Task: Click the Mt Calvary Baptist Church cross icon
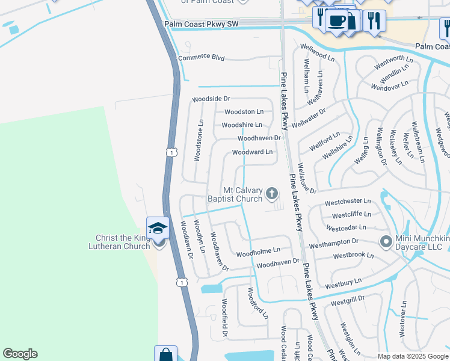(272, 193)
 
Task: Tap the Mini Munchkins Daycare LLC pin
(386, 242)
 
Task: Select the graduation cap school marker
(158, 227)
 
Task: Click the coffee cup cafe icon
(336, 20)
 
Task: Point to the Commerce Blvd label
(201, 58)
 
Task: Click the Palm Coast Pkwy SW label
(201, 24)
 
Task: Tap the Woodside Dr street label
(211, 99)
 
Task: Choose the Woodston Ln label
(244, 112)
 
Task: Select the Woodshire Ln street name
(242, 125)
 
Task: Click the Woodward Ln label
(252, 152)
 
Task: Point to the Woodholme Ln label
(258, 250)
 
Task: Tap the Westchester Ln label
(348, 202)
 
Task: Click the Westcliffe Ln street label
(351, 214)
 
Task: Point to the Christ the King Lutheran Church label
(119, 242)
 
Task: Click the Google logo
(20, 354)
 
